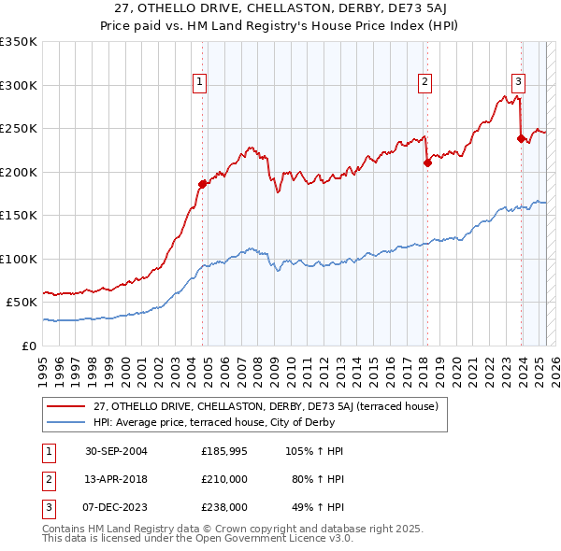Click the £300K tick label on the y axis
click(x=19, y=85)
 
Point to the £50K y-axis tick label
click(x=22, y=303)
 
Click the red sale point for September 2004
click(x=202, y=184)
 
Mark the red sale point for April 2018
click(x=427, y=162)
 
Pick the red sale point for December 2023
click(x=521, y=138)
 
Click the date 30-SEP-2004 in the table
click(x=116, y=451)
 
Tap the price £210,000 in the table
click(x=224, y=479)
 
